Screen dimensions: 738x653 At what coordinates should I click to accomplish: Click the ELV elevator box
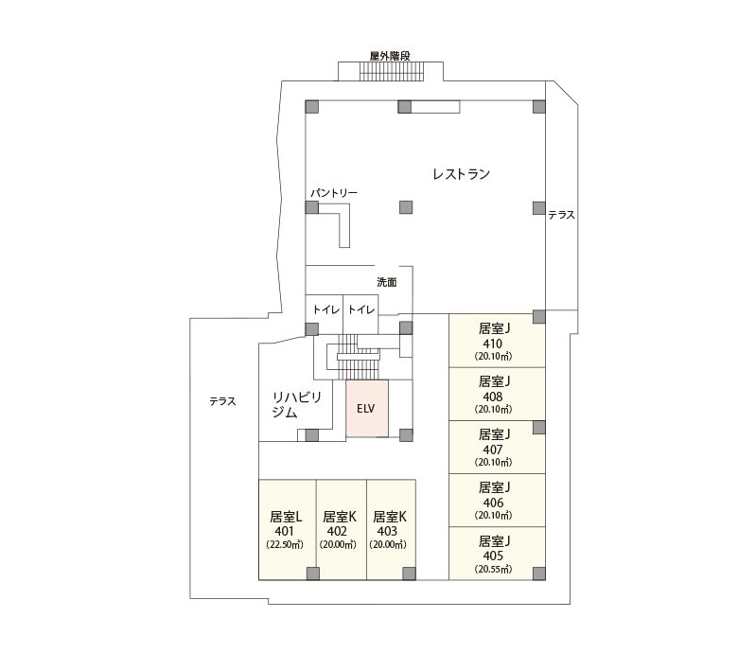(x=367, y=408)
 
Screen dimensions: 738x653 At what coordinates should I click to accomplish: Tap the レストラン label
(x=462, y=174)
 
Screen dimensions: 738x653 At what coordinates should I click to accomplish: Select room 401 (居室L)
(x=287, y=530)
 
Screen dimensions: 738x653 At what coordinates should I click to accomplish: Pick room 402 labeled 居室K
(x=342, y=530)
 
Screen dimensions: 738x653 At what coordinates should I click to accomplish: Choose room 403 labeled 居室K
(x=391, y=530)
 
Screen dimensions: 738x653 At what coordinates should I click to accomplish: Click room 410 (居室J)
(x=497, y=341)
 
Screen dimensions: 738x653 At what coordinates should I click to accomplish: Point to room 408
(x=497, y=394)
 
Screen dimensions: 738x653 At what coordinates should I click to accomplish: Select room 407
(x=497, y=448)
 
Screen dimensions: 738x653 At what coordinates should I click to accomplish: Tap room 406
(x=497, y=500)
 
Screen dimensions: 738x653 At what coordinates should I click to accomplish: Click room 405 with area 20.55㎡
(x=497, y=554)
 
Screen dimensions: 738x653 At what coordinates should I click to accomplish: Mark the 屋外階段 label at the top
(x=390, y=56)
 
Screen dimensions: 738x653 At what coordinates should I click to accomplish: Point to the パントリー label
(x=334, y=193)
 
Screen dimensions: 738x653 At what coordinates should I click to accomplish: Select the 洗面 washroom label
(x=386, y=282)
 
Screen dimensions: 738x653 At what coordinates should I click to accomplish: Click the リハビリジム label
(x=296, y=405)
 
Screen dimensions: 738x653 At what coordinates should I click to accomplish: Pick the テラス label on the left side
(x=222, y=401)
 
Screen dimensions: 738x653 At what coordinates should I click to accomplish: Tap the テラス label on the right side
(x=561, y=215)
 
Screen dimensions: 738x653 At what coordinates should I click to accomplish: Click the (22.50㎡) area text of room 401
(x=284, y=545)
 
